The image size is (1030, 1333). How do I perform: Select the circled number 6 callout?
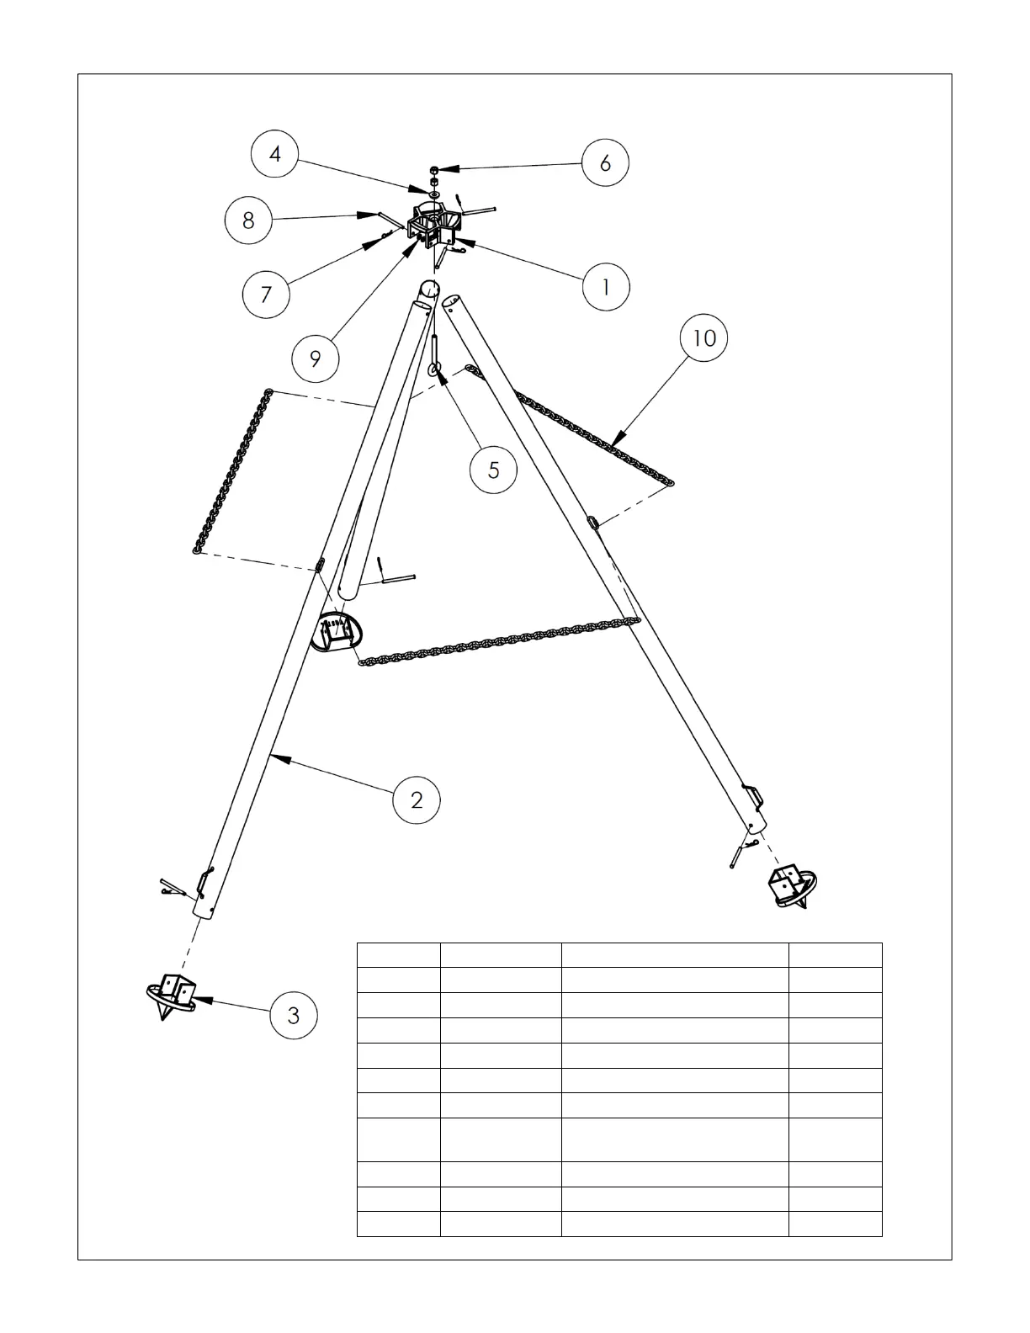tap(606, 162)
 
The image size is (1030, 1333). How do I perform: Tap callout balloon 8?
tap(248, 220)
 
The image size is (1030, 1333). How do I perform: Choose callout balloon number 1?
tap(606, 287)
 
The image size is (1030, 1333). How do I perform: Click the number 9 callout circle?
tap(316, 359)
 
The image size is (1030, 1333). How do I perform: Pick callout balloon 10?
tap(703, 337)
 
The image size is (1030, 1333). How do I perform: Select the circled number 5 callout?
tap(494, 469)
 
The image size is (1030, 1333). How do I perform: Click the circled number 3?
tap(293, 1015)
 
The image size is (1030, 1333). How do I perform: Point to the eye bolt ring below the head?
tap(433, 369)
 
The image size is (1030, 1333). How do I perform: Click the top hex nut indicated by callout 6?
tap(433, 170)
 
